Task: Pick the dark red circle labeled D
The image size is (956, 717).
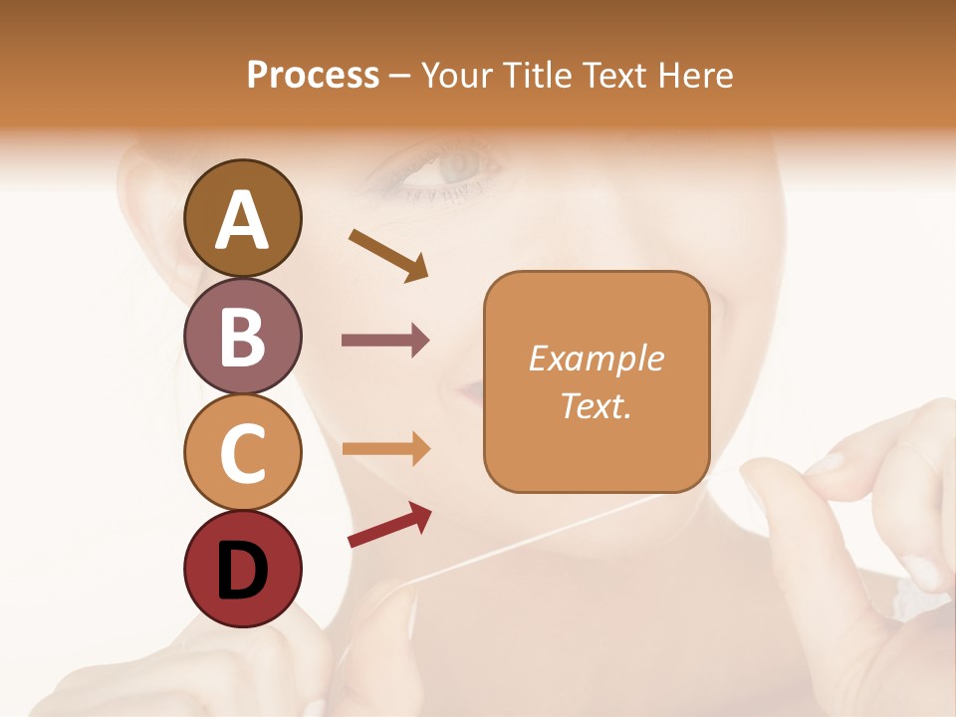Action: pos(242,569)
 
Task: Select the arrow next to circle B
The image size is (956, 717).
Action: pos(385,341)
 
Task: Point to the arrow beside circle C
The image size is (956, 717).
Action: pos(385,448)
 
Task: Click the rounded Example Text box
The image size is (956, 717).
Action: pos(597,381)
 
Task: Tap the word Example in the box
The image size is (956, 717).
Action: pos(597,358)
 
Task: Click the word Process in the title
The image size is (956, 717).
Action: pos(313,75)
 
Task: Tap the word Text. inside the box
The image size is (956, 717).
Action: pos(597,405)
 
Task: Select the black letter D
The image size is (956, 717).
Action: pos(242,572)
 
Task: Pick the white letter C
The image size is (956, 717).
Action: pos(242,454)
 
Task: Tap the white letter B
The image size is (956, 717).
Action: pos(242,337)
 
